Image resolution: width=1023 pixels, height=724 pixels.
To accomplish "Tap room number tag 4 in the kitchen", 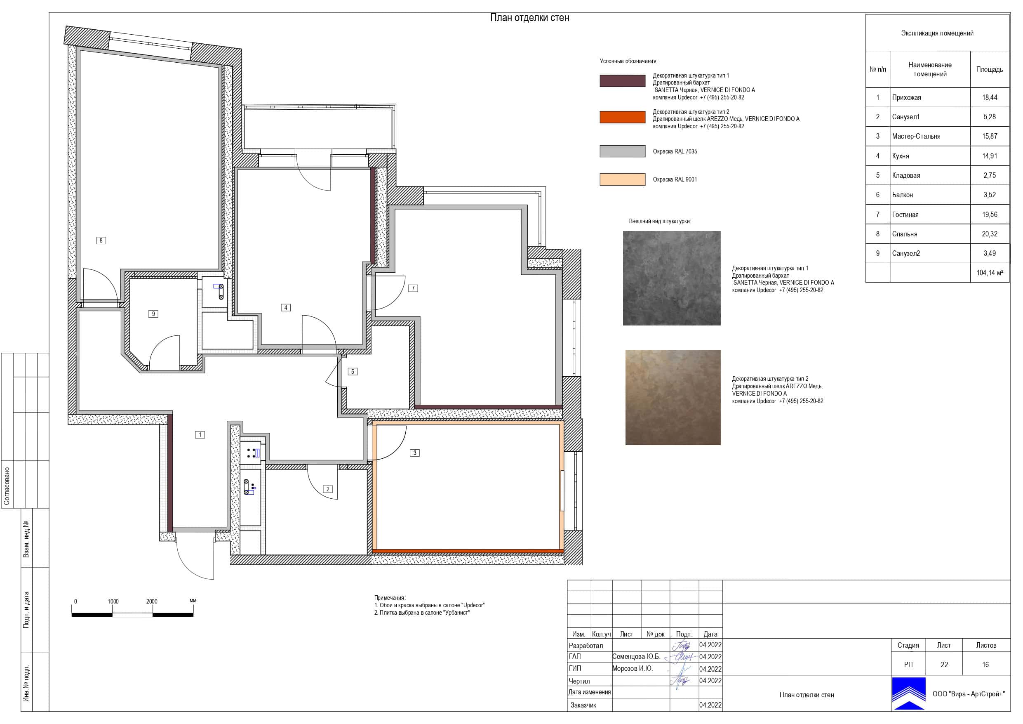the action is tap(286, 307).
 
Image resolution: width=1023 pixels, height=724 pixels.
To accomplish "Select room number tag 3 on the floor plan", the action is tap(415, 453).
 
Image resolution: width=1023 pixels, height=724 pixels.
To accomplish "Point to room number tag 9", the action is tap(153, 314).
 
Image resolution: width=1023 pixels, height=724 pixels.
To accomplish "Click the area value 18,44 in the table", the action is tap(990, 98).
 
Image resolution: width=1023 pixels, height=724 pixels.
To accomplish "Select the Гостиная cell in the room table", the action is tap(905, 215).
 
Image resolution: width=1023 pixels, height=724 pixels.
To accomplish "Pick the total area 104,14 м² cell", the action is tap(990, 273).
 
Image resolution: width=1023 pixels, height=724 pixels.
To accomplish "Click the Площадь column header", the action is tap(990, 70).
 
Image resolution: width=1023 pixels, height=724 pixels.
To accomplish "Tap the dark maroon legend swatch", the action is tap(623, 81).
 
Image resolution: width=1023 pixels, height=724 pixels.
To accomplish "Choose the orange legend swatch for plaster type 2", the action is tap(623, 117).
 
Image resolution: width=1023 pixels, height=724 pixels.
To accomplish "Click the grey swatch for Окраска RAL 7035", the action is tap(623, 151).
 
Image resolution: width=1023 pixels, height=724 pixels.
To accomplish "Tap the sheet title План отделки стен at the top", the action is tap(530, 18).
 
